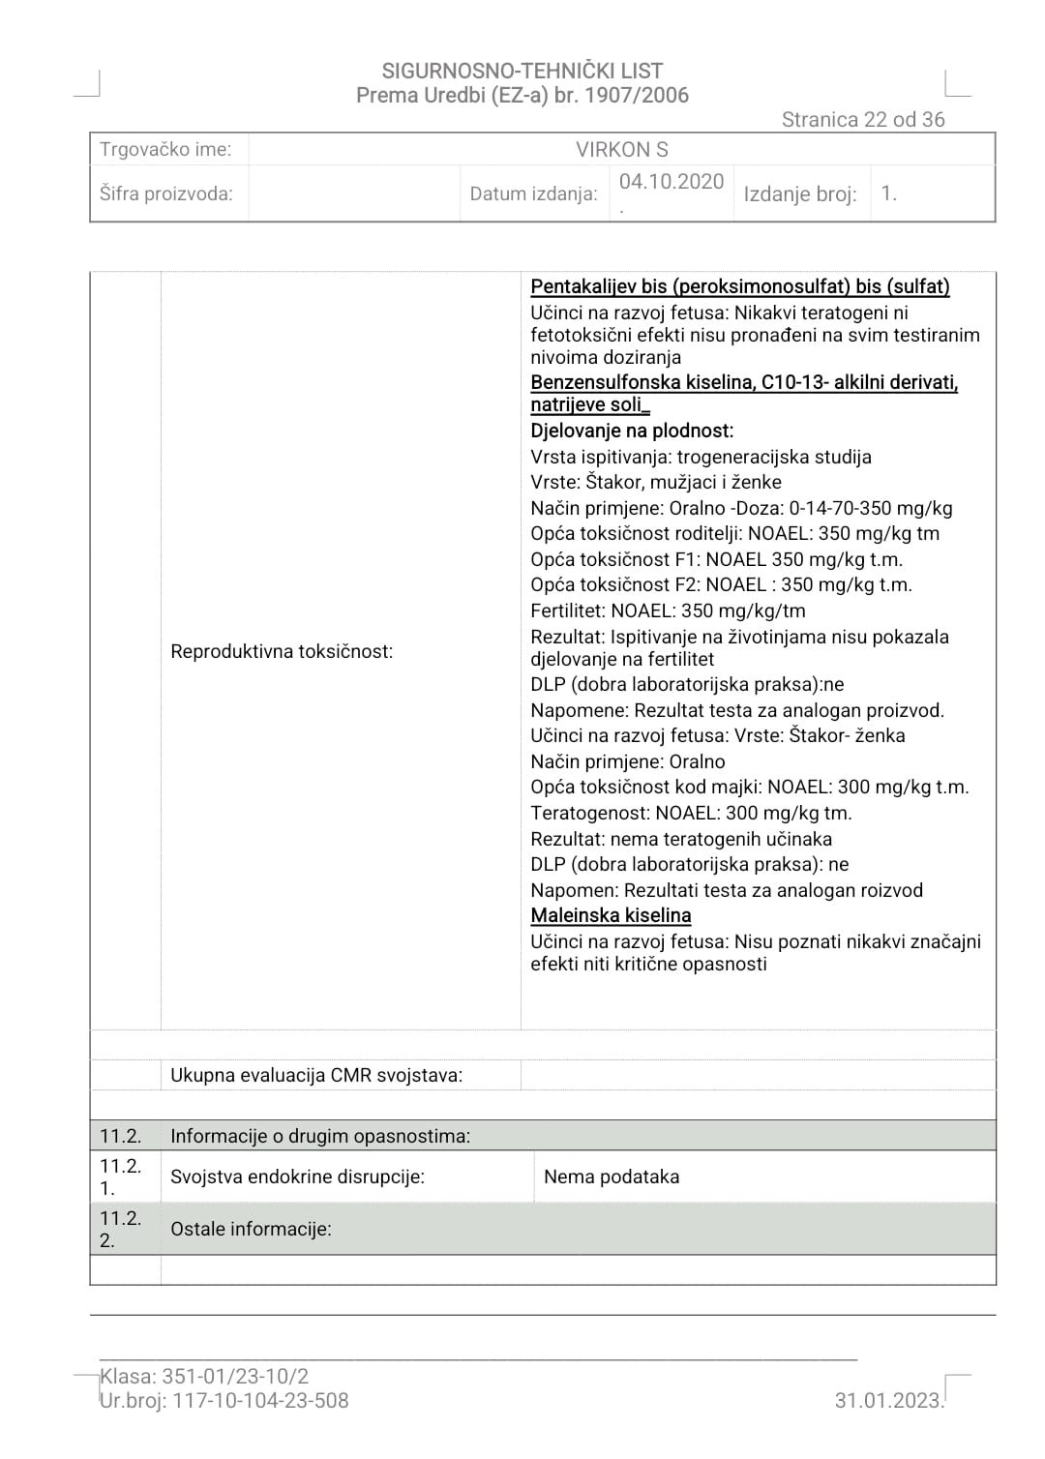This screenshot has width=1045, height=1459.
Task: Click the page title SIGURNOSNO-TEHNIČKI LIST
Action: (x=522, y=71)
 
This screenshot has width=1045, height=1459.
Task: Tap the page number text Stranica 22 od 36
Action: (x=862, y=120)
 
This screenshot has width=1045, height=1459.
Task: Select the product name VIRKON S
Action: (x=621, y=150)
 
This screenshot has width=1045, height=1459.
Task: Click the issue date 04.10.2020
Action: (x=672, y=182)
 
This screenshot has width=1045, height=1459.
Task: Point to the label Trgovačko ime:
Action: (x=165, y=150)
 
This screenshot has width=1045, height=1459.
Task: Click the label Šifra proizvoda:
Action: (x=166, y=194)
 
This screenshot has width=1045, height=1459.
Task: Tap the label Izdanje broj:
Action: (x=799, y=194)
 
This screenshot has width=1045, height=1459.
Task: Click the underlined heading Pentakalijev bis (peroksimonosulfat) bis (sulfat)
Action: (x=740, y=286)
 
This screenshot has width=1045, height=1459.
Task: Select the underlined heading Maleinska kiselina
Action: (x=611, y=915)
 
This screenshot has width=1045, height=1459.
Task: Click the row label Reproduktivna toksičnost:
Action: (x=282, y=651)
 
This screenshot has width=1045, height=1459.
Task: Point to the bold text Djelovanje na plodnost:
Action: (x=632, y=431)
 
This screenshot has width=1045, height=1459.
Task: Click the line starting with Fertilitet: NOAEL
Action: (x=668, y=610)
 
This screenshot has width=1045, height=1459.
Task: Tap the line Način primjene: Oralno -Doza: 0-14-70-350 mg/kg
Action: (x=741, y=508)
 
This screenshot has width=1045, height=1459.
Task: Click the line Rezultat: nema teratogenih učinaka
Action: (x=681, y=839)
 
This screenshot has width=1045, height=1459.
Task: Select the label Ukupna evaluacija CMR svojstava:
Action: (x=316, y=1075)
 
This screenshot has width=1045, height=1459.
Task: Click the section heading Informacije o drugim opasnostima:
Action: (x=320, y=1136)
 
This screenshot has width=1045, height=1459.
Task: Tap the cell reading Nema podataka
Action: (x=612, y=1176)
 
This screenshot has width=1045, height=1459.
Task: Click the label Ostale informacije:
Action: (x=251, y=1229)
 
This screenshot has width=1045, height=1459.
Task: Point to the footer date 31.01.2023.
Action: (x=888, y=1400)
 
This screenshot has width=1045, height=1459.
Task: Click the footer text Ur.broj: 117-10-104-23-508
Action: (x=224, y=1400)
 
